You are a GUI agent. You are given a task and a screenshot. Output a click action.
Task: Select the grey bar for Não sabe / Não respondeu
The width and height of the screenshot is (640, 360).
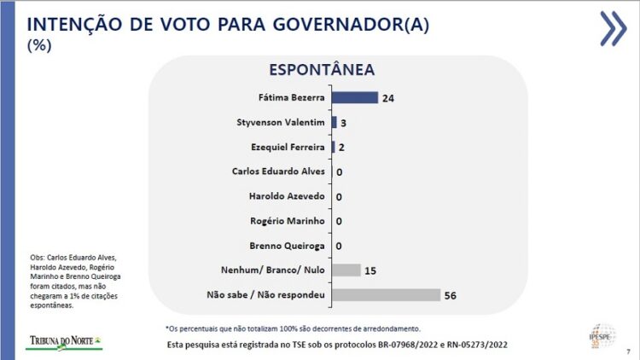[x=386, y=295]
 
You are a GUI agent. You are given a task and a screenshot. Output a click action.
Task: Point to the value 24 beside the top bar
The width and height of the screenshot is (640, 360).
[x=388, y=98]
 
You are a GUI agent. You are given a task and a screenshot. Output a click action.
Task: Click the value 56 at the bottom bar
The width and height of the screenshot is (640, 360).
[x=451, y=295]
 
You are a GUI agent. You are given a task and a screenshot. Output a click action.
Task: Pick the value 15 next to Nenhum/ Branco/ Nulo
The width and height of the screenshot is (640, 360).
[x=371, y=270]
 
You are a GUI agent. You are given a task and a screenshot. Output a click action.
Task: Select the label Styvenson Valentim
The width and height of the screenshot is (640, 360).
[x=282, y=123]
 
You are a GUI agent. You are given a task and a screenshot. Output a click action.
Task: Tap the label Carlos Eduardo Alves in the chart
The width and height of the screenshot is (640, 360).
[x=278, y=171]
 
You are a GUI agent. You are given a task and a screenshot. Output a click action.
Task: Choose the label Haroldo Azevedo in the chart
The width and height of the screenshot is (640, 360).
[x=287, y=196]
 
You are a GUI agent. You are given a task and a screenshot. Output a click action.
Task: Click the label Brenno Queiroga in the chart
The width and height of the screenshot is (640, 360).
[x=287, y=246]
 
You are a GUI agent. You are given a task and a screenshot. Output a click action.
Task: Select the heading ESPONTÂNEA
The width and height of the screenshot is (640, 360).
[x=322, y=70]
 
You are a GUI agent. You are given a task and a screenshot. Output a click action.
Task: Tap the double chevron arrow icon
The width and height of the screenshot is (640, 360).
[x=612, y=28]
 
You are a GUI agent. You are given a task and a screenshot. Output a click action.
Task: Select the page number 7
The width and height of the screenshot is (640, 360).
[x=628, y=351]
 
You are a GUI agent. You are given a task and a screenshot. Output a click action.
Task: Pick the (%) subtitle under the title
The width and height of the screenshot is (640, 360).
[x=39, y=46]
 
